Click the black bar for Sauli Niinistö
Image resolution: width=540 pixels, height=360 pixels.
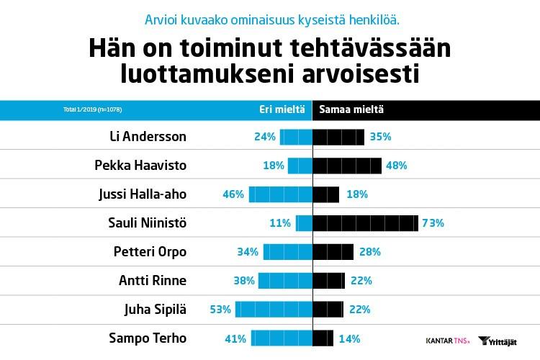click(365, 223)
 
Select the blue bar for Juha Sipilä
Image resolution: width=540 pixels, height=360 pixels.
click(274, 310)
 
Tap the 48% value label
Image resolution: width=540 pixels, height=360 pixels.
click(397, 166)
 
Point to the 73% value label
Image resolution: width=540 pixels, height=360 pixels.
click(433, 223)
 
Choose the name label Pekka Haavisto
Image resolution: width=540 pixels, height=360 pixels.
click(140, 166)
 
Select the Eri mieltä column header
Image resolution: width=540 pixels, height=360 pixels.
click(276, 109)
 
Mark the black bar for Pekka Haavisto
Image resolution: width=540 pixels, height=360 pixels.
click(347, 166)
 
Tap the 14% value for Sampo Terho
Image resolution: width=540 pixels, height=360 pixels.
click(349, 338)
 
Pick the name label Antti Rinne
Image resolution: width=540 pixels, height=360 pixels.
click(153, 281)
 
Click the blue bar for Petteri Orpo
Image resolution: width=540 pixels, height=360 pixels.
click(287, 252)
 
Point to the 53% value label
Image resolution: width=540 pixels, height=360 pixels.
click(220, 310)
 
